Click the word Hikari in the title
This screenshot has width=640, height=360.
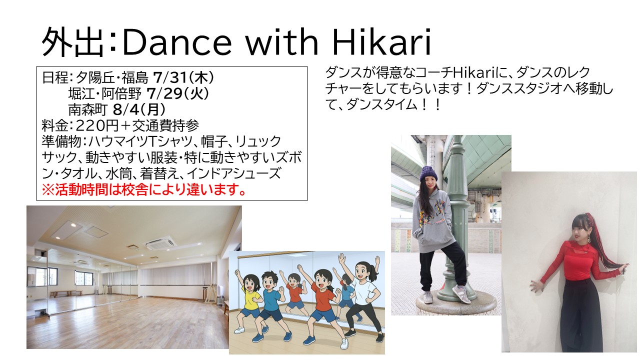tap(381, 42)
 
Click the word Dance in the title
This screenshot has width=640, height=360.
tap(177, 43)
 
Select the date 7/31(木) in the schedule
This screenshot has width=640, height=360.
tap(183, 77)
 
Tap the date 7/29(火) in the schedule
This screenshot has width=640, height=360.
tap(177, 93)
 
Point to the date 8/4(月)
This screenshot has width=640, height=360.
tap(139, 109)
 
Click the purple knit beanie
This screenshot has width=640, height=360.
tap(428, 174)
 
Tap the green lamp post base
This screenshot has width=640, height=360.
tap(456, 303)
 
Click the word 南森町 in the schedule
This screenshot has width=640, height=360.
tap(87, 109)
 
